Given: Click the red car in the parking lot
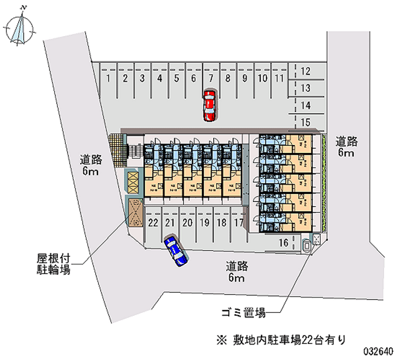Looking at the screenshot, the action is (x=209, y=105).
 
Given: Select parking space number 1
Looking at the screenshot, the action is (x=107, y=78).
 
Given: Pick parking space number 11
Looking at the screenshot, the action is (x=279, y=78).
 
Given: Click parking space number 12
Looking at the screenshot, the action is (x=306, y=71).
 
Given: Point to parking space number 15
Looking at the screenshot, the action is (x=306, y=122).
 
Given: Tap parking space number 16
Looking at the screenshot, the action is (x=284, y=242).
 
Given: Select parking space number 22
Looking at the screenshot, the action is (x=153, y=222).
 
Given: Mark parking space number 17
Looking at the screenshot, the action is (x=238, y=222).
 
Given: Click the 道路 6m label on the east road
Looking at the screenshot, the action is (x=346, y=147).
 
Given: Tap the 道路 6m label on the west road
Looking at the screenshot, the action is (x=91, y=165).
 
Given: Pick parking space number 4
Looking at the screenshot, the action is (x=159, y=78).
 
